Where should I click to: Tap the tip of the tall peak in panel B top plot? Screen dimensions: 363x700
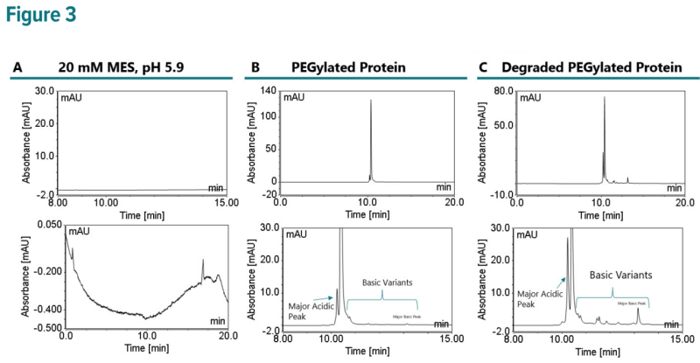pos(370,100)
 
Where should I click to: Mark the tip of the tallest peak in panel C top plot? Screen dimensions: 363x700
pos(604,97)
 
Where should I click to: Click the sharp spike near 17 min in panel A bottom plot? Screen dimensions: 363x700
pos(202,260)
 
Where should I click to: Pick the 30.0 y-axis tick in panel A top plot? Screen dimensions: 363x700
pos(45,90)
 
